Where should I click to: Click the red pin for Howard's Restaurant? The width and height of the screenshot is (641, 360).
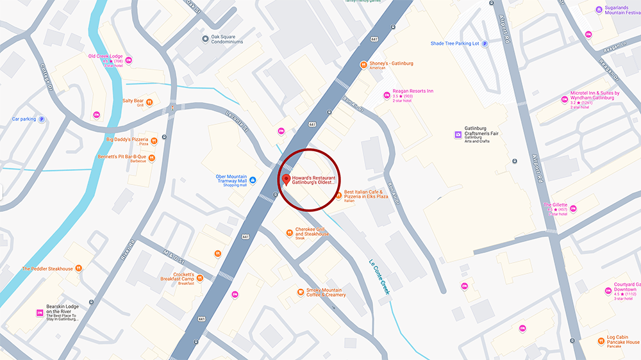(286, 179)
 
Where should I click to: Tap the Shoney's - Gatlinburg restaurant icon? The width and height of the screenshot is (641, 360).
(363, 63)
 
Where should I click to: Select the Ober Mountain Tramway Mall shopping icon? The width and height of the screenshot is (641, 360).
(253, 181)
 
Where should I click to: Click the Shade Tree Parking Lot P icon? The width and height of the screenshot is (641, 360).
(485, 44)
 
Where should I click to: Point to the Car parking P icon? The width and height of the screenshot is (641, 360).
(42, 119)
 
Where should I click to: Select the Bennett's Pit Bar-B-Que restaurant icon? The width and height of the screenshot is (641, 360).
(152, 158)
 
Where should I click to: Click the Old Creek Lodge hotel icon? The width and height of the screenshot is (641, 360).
(129, 60)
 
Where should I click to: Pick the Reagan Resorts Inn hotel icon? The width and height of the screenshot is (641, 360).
(387, 95)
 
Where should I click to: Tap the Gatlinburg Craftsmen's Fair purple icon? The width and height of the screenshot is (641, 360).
(457, 135)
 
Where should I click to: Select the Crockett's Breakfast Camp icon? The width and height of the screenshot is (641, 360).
(200, 278)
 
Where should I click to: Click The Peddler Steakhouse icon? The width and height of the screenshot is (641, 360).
(78, 269)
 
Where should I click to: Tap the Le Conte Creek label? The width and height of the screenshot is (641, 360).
(379, 276)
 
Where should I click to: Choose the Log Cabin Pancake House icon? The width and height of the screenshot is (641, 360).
(601, 340)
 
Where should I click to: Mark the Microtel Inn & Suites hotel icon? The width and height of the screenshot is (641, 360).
(563, 101)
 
